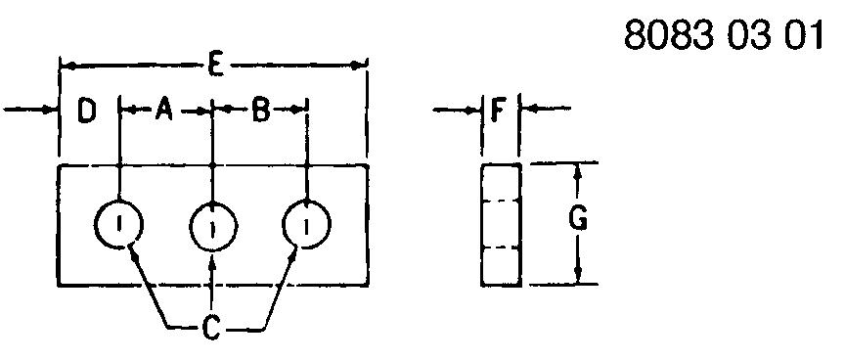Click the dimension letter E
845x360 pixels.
pos(214,66)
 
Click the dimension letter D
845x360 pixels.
pos(86,112)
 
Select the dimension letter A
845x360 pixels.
pos(163,111)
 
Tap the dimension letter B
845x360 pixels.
pos(261,112)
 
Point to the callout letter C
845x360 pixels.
pos(211,328)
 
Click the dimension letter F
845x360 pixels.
pos(499,111)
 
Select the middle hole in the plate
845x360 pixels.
pos(213,202)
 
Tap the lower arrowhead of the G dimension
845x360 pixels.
pos(578,276)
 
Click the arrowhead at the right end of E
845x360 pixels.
pos(358,66)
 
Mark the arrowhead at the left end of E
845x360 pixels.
pos(67,66)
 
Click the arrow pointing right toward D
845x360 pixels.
pos(30,110)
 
